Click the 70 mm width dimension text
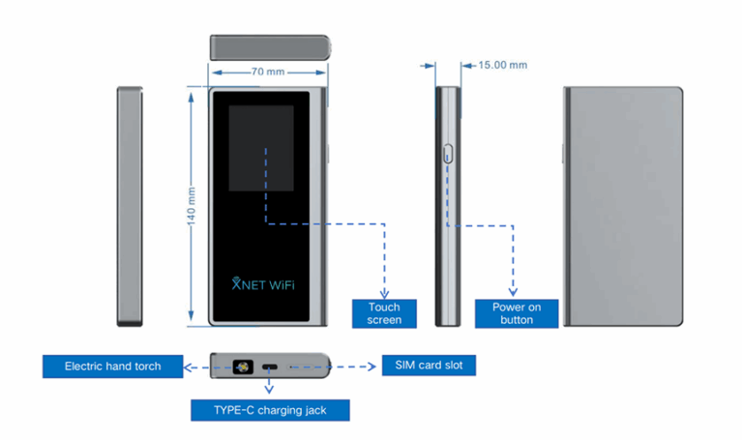coord(268,72)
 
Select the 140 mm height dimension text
coord(193,206)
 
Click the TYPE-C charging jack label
coord(270,410)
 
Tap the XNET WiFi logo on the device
coord(268,284)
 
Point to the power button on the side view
coord(448,153)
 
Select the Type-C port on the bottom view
coord(270,367)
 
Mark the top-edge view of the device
coord(268,46)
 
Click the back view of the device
coord(624,206)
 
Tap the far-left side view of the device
coord(130,206)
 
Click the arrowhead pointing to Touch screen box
coord(384,292)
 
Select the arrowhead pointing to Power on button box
coord(513,292)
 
